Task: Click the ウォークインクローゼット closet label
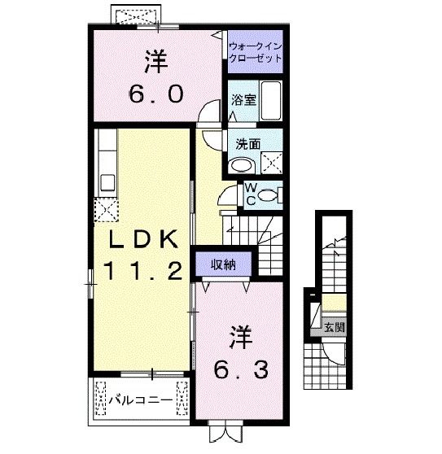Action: coord(256,52)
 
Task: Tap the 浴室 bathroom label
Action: coord(243,102)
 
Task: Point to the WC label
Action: coord(252,193)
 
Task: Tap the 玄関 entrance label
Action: coord(335,329)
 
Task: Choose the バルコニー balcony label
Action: coord(140,400)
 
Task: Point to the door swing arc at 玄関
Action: coord(334,351)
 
